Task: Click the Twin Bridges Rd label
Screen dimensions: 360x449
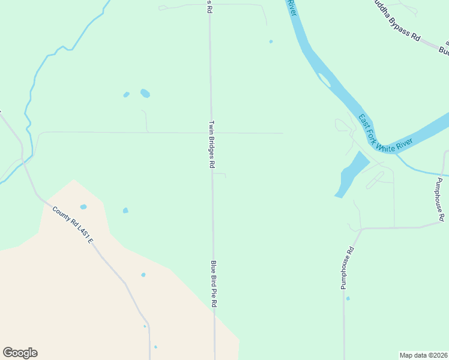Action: (x=211, y=144)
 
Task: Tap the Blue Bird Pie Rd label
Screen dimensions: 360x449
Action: (x=213, y=284)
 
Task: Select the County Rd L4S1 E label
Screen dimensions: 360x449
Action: (x=73, y=225)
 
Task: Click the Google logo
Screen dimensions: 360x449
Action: (x=20, y=353)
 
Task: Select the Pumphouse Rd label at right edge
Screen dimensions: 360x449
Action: (x=439, y=200)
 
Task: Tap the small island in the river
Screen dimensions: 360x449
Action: (x=324, y=80)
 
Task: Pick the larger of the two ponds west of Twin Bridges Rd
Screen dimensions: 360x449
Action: (x=145, y=93)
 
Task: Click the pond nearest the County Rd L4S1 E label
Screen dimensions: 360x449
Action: (x=83, y=207)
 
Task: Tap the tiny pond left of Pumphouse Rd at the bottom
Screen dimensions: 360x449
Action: (x=348, y=298)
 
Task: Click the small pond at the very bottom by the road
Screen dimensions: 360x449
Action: (x=155, y=347)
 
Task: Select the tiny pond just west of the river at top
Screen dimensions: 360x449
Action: (x=271, y=41)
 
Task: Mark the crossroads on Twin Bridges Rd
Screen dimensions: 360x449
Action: (x=211, y=133)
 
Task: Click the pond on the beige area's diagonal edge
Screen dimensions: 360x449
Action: (x=143, y=275)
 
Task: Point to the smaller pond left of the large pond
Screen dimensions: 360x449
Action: (x=126, y=95)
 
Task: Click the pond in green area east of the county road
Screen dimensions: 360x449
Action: (x=125, y=211)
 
